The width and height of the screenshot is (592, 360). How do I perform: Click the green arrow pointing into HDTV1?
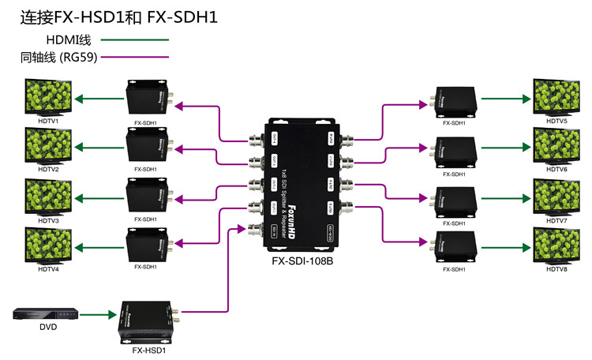(99, 99)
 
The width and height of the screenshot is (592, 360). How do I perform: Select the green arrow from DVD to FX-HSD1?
(99, 316)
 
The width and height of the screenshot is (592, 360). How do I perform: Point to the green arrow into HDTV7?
(506, 197)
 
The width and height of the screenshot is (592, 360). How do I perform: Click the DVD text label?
(48, 326)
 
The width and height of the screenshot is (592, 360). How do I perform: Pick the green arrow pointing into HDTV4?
(99, 246)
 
